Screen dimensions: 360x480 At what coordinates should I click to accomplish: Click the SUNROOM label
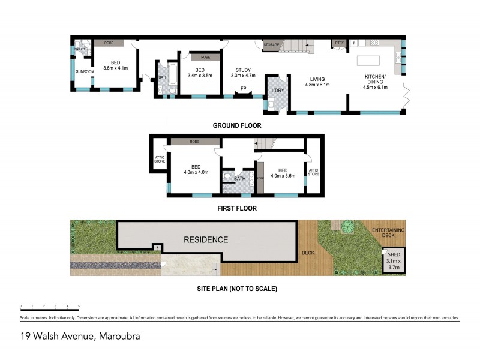click(x=84, y=72)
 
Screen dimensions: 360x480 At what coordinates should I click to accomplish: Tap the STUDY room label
click(x=243, y=69)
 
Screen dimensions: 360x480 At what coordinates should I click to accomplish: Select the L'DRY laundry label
click(x=277, y=91)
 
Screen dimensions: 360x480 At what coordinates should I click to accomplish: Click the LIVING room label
click(x=317, y=79)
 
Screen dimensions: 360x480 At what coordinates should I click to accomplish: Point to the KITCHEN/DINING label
click(x=376, y=79)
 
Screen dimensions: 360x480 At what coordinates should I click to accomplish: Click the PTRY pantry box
click(x=339, y=43)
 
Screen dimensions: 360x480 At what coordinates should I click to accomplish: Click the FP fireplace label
click(x=243, y=89)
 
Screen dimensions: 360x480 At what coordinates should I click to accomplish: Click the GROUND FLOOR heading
click(x=237, y=125)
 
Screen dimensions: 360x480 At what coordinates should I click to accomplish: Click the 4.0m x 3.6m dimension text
click(x=283, y=176)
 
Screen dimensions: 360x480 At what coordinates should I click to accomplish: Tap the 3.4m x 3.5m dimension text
click(x=200, y=76)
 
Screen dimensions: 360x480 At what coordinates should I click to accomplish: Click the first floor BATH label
click(x=239, y=178)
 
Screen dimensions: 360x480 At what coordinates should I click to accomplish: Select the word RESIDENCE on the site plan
click(x=206, y=240)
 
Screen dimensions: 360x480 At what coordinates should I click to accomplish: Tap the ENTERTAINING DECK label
click(x=388, y=233)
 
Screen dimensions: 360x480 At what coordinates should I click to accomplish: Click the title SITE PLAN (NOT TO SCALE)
click(x=237, y=289)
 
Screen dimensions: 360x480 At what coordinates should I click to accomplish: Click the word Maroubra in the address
click(x=119, y=336)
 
